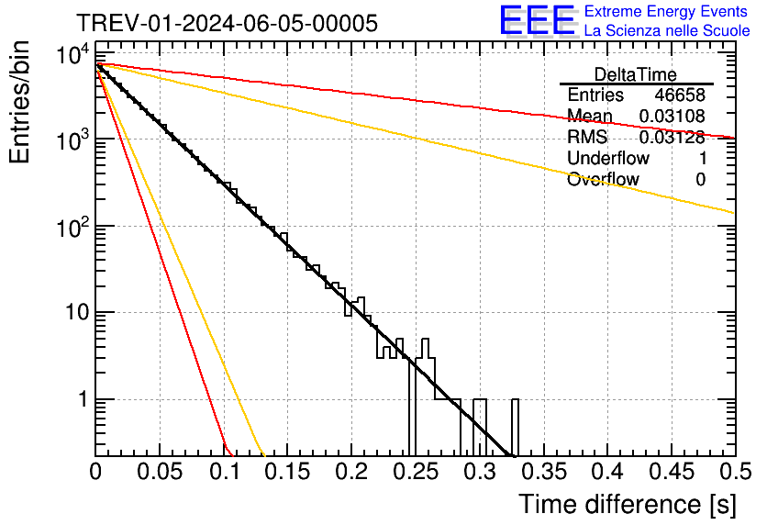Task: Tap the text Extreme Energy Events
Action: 666,12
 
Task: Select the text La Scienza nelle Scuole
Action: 667,31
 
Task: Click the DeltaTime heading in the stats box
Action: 635,74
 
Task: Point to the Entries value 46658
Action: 680,95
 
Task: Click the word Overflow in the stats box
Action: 603,180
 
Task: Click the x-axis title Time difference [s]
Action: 626,504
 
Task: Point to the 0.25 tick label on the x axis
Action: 415,473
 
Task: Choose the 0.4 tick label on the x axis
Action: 606,473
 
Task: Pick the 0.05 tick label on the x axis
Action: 160,473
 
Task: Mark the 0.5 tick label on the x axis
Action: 734,473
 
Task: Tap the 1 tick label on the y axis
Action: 81,401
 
